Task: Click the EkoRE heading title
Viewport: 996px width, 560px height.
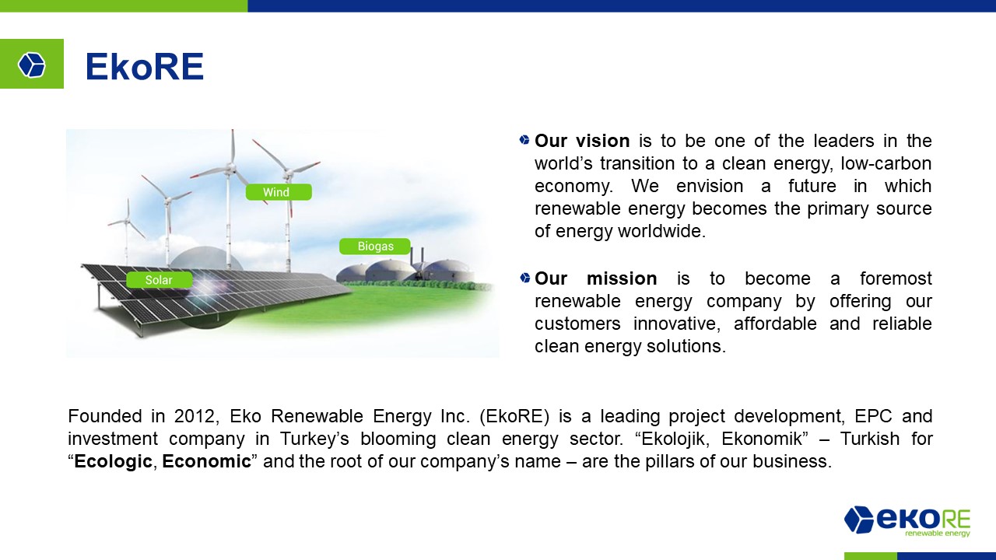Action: [145, 67]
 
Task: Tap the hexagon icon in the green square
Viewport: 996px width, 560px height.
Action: [32, 65]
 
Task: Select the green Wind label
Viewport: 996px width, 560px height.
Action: [279, 192]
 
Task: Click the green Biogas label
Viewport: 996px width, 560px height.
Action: [375, 247]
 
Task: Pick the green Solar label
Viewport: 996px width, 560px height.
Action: [160, 280]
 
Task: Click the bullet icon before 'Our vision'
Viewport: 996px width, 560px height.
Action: [524, 140]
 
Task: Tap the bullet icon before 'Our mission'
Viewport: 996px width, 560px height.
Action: [524, 278]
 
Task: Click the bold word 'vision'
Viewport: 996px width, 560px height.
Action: [602, 141]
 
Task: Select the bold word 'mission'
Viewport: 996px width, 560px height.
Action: [622, 278]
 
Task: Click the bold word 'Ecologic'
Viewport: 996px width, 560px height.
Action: [113, 461]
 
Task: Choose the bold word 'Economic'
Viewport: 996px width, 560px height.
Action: [206, 461]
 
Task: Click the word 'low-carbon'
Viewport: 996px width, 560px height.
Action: [886, 163]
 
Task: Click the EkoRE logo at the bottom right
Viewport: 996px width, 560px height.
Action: [907, 521]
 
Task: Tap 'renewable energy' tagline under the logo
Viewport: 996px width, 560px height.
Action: [938, 533]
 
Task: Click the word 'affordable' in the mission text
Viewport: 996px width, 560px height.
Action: [774, 324]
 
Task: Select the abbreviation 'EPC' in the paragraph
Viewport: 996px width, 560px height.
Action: [873, 416]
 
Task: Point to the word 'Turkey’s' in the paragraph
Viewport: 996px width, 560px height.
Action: [314, 439]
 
